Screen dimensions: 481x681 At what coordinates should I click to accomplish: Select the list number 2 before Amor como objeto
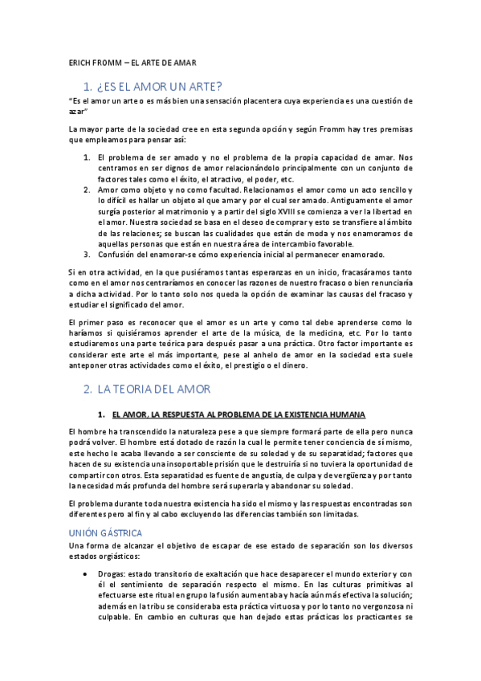click(x=86, y=190)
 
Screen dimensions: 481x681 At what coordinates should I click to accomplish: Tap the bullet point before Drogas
click(x=85, y=574)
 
